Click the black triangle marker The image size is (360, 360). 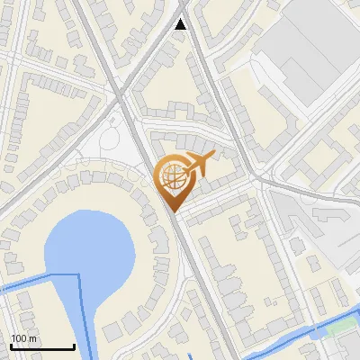point(181,24)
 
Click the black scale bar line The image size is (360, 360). point(41,347)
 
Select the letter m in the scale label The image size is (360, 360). point(33,338)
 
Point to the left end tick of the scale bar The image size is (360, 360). point(10,346)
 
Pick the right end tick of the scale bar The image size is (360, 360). point(74,346)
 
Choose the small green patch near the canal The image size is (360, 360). point(337,328)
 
